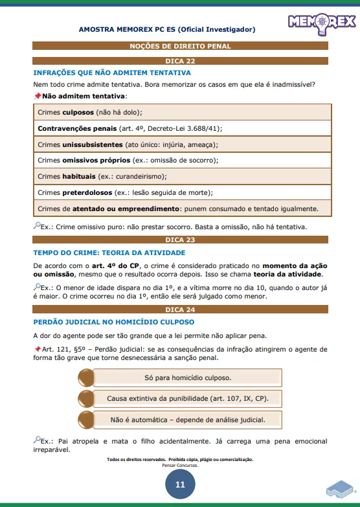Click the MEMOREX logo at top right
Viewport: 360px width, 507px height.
pyautogui.click(x=321, y=21)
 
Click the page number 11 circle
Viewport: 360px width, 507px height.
pyautogui.click(x=180, y=484)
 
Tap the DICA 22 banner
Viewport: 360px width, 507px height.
pyautogui.click(x=180, y=60)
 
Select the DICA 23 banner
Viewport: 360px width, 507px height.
pyautogui.click(x=180, y=240)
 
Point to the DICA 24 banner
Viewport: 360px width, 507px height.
pyautogui.click(x=180, y=310)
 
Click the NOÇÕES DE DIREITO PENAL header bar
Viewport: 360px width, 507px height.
pyautogui.click(x=180, y=46)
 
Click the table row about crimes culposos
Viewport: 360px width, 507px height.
pyautogui.click(x=180, y=112)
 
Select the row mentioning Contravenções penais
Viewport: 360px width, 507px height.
pyautogui.click(x=180, y=128)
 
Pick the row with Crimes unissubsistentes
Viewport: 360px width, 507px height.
pyautogui.click(x=180, y=144)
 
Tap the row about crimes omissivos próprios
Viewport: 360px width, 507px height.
pyautogui.click(x=180, y=160)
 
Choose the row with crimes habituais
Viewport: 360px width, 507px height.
pyautogui.click(x=180, y=176)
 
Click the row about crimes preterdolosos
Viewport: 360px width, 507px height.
pyautogui.click(x=180, y=192)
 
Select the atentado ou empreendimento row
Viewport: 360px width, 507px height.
pyautogui.click(x=180, y=208)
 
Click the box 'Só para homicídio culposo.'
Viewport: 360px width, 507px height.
pyautogui.click(x=187, y=377)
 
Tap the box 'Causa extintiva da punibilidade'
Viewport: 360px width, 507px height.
pyautogui.click(x=187, y=398)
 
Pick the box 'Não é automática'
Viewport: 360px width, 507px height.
pyautogui.click(x=187, y=419)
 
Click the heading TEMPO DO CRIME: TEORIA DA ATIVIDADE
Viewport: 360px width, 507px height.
pyautogui.click(x=105, y=252)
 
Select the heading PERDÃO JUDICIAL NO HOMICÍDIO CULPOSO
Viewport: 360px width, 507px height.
pyautogui.click(x=113, y=322)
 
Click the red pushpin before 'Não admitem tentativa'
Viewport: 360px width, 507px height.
pyautogui.click(x=37, y=96)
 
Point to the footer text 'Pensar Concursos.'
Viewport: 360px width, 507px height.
pyautogui.click(x=180, y=466)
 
